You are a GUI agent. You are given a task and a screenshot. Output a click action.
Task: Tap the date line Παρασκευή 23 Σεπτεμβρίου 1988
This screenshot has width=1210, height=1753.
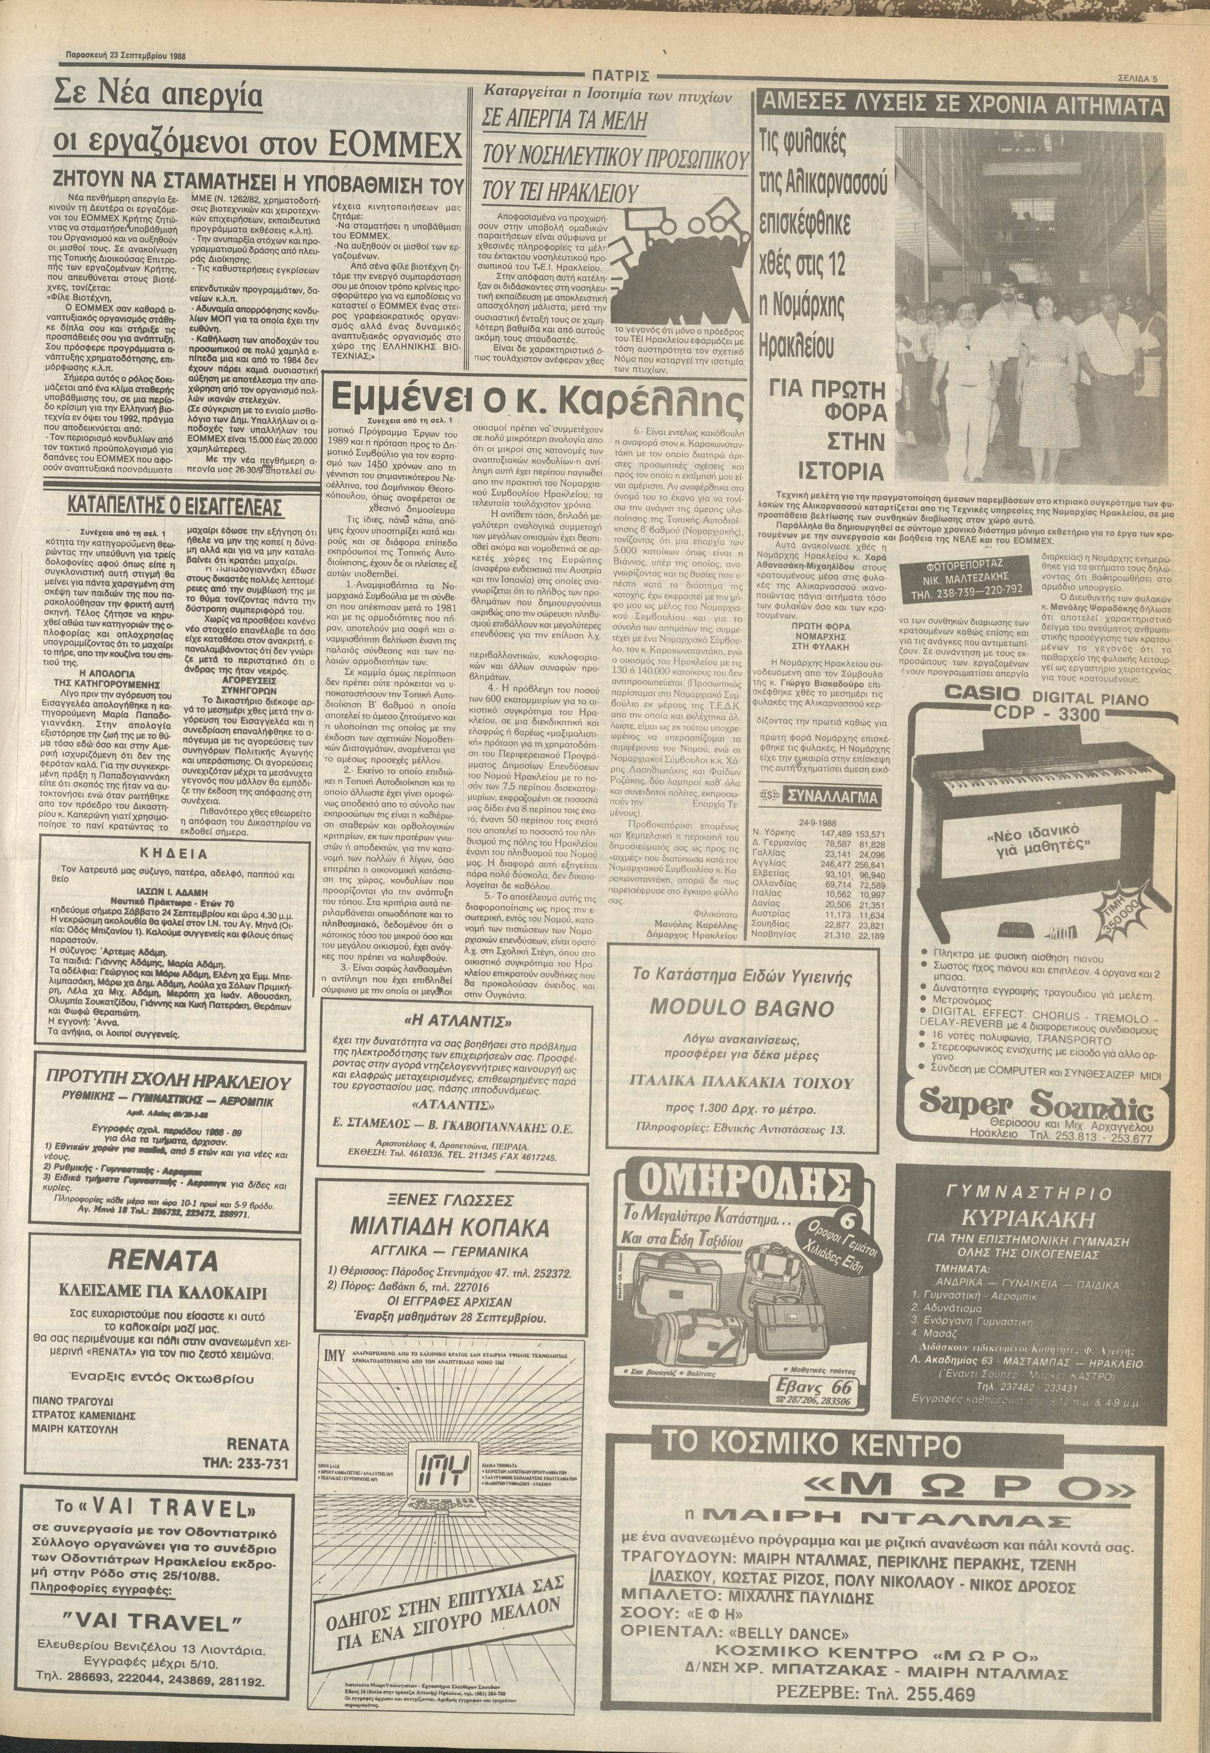tap(126, 56)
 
